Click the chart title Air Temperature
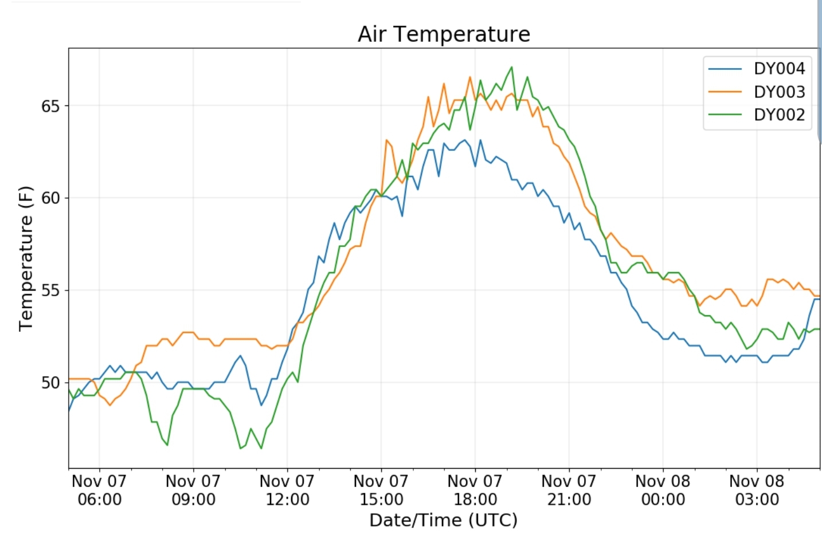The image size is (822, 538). point(444,34)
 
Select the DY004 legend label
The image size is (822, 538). point(779,69)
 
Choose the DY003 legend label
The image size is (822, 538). point(779,92)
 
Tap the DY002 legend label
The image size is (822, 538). point(779,115)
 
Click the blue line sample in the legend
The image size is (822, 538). point(725,69)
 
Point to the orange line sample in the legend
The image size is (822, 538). point(725,92)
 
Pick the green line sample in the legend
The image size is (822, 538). point(725,115)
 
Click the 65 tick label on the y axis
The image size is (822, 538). point(50,107)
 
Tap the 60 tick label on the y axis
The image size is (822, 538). point(50,198)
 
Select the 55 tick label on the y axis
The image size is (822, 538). point(50,290)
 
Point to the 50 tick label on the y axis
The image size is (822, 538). point(50,383)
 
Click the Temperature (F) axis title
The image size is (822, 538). point(26,258)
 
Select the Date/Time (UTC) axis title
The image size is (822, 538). point(443,520)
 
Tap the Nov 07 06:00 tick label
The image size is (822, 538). point(99,490)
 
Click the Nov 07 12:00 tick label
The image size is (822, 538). point(287,490)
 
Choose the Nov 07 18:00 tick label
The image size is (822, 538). point(475,490)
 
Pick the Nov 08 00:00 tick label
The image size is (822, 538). point(663,490)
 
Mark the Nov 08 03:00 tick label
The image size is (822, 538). point(757,490)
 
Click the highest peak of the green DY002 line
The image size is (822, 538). point(511,67)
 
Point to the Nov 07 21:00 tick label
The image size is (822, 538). point(569,490)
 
